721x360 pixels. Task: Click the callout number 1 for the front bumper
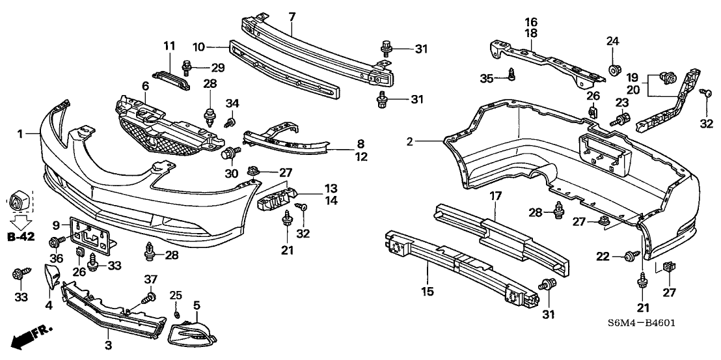click(20, 134)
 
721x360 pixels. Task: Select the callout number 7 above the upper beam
click(292, 16)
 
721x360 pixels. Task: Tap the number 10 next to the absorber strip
click(199, 46)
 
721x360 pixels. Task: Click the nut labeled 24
click(613, 69)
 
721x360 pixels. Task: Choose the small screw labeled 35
click(512, 77)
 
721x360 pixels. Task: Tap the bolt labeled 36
click(54, 243)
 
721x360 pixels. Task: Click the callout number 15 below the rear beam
click(427, 291)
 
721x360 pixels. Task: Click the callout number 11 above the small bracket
click(169, 46)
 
